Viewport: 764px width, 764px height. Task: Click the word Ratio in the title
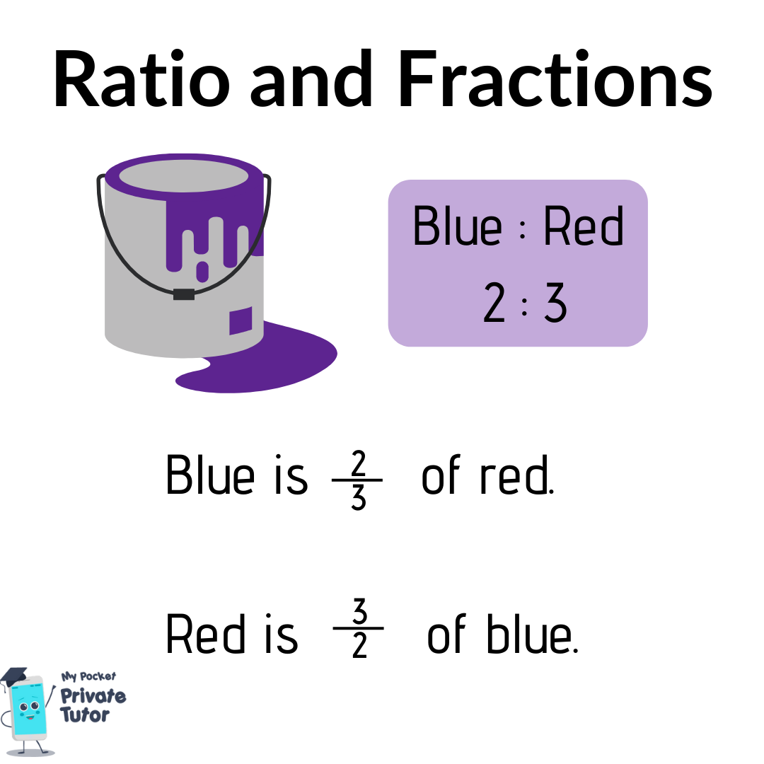(141, 79)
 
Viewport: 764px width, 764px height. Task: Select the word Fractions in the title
(555, 79)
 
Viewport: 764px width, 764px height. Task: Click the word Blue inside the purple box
(457, 226)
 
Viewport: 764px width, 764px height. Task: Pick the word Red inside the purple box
(583, 226)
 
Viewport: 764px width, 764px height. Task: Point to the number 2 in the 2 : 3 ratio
(494, 302)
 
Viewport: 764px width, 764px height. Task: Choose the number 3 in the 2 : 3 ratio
(555, 302)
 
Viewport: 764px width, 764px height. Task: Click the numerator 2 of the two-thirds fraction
(358, 463)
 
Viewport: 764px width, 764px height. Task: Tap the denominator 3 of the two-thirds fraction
(358, 497)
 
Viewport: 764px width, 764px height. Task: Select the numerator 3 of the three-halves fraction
(359, 611)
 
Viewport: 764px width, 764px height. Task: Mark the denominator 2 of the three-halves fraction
(359, 646)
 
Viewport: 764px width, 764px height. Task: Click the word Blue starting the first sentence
(210, 475)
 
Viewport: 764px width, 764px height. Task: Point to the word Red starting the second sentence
(205, 633)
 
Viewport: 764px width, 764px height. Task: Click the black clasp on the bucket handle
(184, 294)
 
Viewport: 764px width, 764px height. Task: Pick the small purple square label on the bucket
(241, 320)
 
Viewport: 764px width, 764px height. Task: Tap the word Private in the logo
(93, 696)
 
